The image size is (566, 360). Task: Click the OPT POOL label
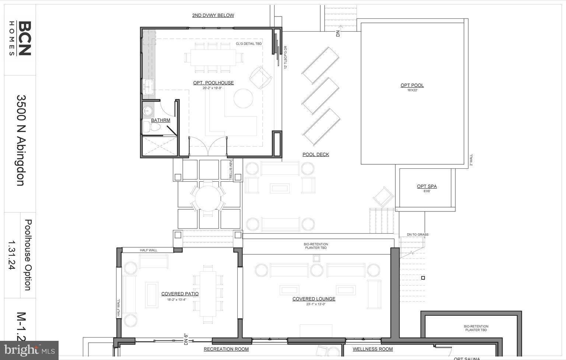click(412, 85)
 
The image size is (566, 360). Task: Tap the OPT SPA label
click(427, 186)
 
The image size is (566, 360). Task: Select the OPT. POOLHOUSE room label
click(213, 83)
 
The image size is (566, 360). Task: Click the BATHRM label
click(161, 120)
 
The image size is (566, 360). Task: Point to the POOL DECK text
click(316, 154)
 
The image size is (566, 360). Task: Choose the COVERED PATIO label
click(180, 294)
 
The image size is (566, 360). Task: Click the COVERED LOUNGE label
click(314, 299)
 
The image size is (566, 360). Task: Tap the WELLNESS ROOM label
click(373, 349)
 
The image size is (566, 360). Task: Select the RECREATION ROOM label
click(226, 349)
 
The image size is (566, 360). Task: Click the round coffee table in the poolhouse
click(243, 98)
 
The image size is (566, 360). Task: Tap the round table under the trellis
click(208, 198)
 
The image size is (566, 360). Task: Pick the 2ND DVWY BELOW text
click(213, 15)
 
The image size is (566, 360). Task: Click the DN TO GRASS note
click(417, 234)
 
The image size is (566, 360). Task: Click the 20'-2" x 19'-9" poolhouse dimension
click(213, 88)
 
